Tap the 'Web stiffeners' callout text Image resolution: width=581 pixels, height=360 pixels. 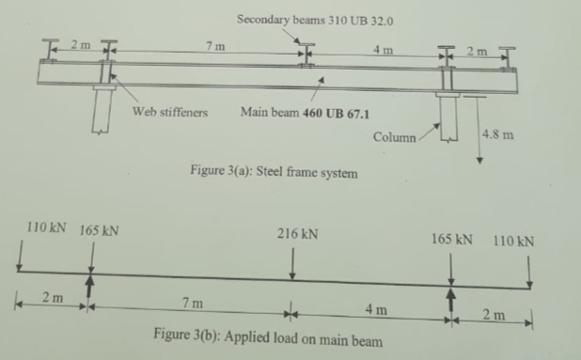(x=170, y=111)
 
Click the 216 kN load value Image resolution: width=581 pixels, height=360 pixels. (x=298, y=230)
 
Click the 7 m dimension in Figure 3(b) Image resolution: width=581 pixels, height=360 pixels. (x=191, y=302)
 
